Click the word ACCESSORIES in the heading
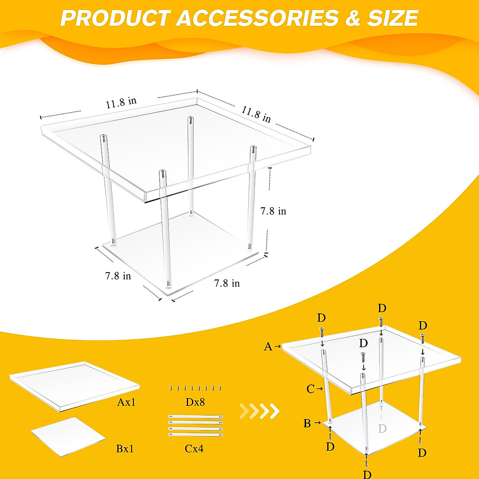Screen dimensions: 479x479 click(x=257, y=18)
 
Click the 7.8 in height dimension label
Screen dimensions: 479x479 click(x=273, y=211)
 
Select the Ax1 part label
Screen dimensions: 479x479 click(x=126, y=402)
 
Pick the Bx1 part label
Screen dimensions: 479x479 click(x=125, y=449)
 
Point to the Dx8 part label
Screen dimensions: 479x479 click(x=195, y=402)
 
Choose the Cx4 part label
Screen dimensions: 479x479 click(x=194, y=449)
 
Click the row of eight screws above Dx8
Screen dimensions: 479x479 click(x=195, y=388)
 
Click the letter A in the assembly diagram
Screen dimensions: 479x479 click(x=268, y=347)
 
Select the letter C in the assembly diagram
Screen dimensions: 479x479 click(x=311, y=389)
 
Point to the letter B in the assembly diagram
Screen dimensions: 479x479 click(x=307, y=423)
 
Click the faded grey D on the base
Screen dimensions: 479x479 click(x=382, y=429)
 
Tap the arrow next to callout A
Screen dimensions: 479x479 click(x=278, y=346)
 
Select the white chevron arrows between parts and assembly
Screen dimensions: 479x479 click(x=259, y=411)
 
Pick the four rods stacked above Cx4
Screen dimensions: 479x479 click(x=195, y=426)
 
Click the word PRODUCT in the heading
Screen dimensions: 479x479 click(x=115, y=18)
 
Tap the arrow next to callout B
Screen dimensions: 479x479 click(x=318, y=422)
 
